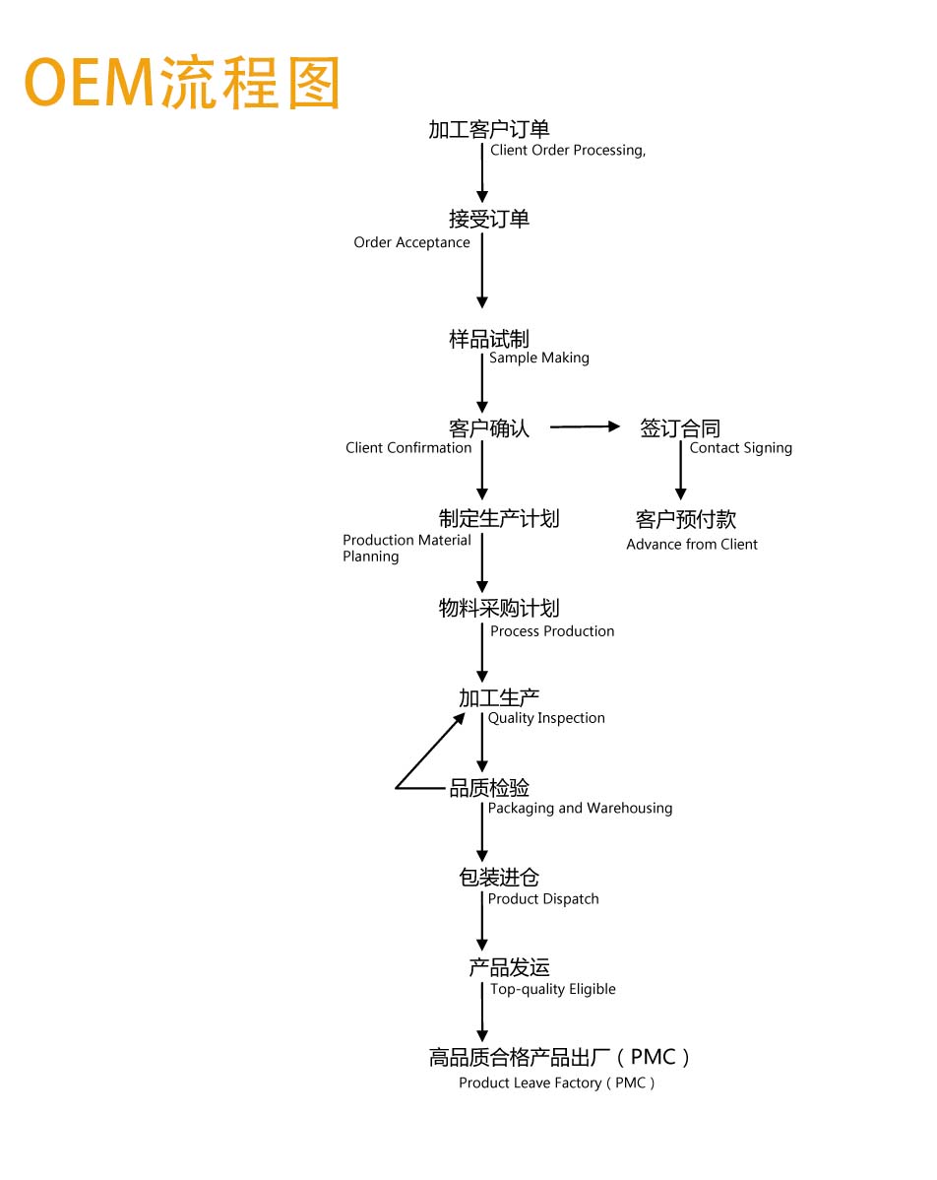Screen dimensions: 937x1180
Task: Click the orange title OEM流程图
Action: (x=183, y=82)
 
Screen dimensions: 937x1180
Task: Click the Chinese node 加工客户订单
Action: (x=489, y=129)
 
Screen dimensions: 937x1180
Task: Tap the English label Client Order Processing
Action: (x=568, y=151)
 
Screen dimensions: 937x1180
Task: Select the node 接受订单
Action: (x=489, y=219)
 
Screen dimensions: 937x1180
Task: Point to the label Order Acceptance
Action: (x=412, y=242)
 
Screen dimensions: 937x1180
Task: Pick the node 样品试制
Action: (x=489, y=340)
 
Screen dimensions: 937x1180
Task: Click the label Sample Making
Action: (x=539, y=359)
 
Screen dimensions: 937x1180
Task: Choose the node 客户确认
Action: (x=489, y=428)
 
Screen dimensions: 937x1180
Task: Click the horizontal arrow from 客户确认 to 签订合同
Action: (x=585, y=426)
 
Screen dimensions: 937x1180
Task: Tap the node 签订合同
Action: (x=680, y=428)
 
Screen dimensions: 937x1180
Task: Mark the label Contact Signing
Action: (x=741, y=448)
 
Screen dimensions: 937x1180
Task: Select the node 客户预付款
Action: (x=686, y=519)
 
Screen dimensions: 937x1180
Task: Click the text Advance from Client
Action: (x=692, y=544)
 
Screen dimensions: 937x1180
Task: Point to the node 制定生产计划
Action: (x=499, y=518)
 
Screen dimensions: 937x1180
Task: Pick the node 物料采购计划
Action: (x=499, y=608)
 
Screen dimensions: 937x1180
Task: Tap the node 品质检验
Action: (x=489, y=788)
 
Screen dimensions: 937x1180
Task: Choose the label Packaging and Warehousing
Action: (x=581, y=809)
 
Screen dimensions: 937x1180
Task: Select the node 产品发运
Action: (x=509, y=968)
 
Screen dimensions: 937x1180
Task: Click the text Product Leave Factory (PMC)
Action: (x=557, y=1082)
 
